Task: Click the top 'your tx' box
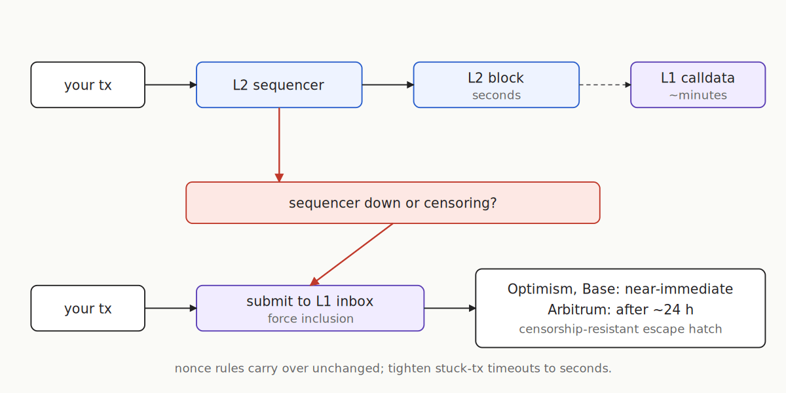tap(88, 85)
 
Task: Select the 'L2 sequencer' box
tap(278, 85)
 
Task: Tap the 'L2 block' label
tap(496, 78)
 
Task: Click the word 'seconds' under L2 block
tap(496, 96)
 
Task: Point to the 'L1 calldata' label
tap(698, 78)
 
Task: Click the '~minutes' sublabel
tap(698, 96)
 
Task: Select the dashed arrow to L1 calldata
tap(604, 85)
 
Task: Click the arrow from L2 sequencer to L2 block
tap(387, 85)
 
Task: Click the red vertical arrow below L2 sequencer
tap(279, 144)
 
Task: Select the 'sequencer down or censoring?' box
tap(393, 203)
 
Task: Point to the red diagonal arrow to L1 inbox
tap(352, 253)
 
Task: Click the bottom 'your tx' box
tap(88, 309)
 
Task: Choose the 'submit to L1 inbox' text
tap(310, 301)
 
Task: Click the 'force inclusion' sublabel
tap(310, 319)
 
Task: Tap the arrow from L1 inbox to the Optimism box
tap(449, 309)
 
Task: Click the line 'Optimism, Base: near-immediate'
tap(620, 289)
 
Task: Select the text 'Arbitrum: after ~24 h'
tap(620, 309)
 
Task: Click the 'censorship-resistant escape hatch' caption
tap(620, 329)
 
